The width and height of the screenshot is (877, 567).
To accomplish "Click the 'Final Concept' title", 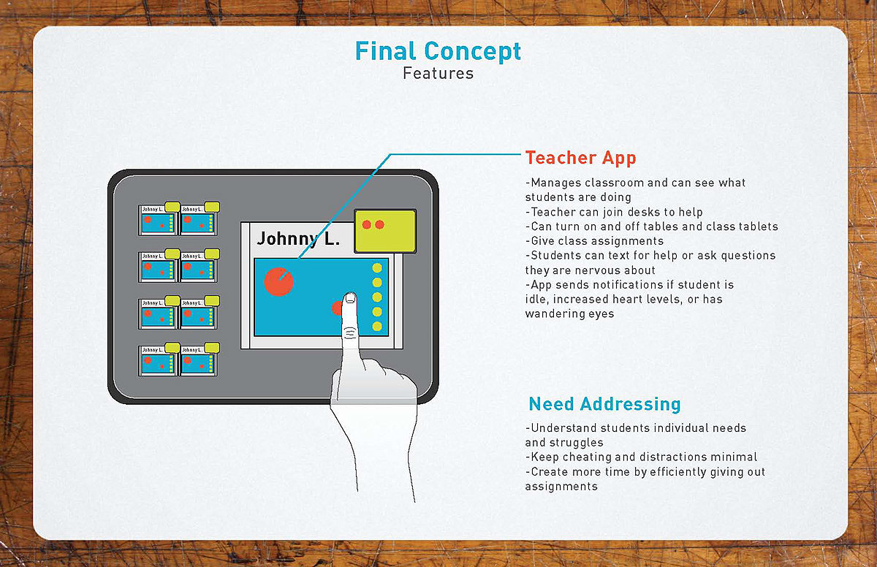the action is (438, 51).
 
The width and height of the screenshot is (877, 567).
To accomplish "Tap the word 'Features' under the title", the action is (438, 74).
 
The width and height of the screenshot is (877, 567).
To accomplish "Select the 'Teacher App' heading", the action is (580, 158).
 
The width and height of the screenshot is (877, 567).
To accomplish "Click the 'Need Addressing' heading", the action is (604, 404).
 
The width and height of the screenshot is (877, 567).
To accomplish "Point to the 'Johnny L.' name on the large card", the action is (298, 239).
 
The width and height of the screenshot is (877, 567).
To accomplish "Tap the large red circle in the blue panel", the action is (278, 281).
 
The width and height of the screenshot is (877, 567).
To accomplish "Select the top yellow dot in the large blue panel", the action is (377, 268).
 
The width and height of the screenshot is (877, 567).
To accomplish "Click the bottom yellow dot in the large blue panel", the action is (377, 326).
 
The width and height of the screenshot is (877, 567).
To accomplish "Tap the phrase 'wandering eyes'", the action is (569, 314).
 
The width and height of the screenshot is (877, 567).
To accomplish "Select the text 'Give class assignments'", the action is (594, 241).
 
